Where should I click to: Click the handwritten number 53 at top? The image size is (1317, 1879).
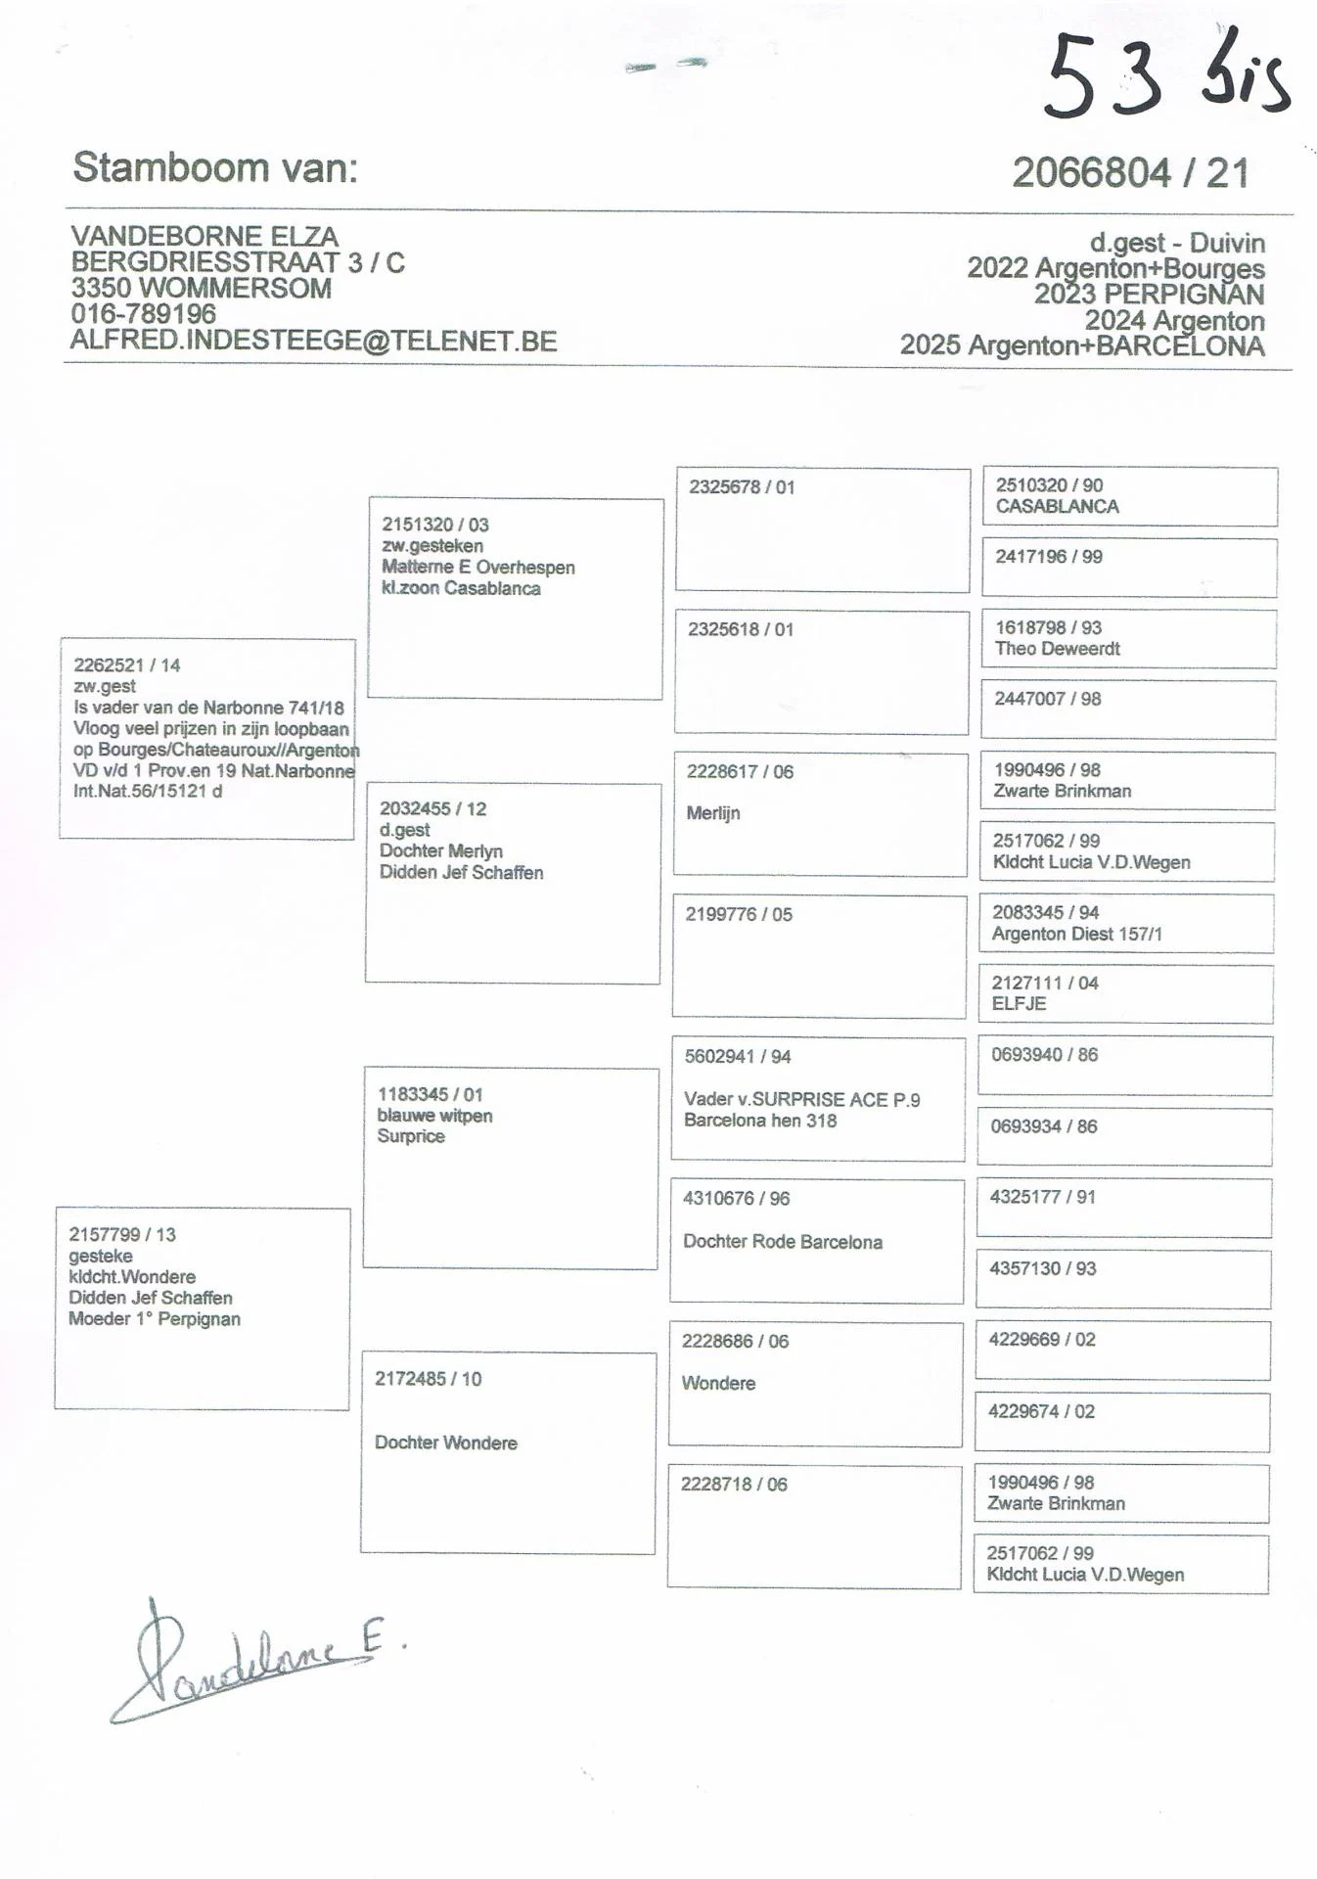click(1104, 76)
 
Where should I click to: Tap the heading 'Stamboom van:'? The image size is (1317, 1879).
click(215, 168)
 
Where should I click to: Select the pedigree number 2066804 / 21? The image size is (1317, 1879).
click(1131, 173)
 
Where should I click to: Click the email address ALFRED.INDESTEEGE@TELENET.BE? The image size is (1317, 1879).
click(313, 341)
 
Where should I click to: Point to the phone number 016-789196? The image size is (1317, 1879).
click(143, 314)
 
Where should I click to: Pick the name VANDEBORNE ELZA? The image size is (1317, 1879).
click(204, 236)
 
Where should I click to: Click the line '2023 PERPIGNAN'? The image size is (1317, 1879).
click(1149, 294)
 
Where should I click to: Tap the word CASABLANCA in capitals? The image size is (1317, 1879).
click(1057, 506)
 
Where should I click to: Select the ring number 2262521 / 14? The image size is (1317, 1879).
click(127, 665)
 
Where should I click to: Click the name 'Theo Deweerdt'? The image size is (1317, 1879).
click(1057, 648)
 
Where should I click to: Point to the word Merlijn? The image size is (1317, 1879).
click(713, 812)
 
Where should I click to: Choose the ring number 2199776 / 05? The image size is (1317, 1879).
click(739, 914)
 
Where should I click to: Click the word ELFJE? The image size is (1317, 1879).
click(1019, 1003)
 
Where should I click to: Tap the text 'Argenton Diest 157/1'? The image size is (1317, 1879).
click(1076, 934)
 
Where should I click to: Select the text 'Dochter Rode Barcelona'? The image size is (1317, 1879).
click(783, 1241)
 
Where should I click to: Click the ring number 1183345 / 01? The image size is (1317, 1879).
click(431, 1094)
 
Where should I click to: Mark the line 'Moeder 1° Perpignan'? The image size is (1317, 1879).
click(155, 1318)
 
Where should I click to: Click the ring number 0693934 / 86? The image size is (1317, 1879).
click(1043, 1126)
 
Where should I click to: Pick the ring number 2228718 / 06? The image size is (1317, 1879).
click(734, 1484)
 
